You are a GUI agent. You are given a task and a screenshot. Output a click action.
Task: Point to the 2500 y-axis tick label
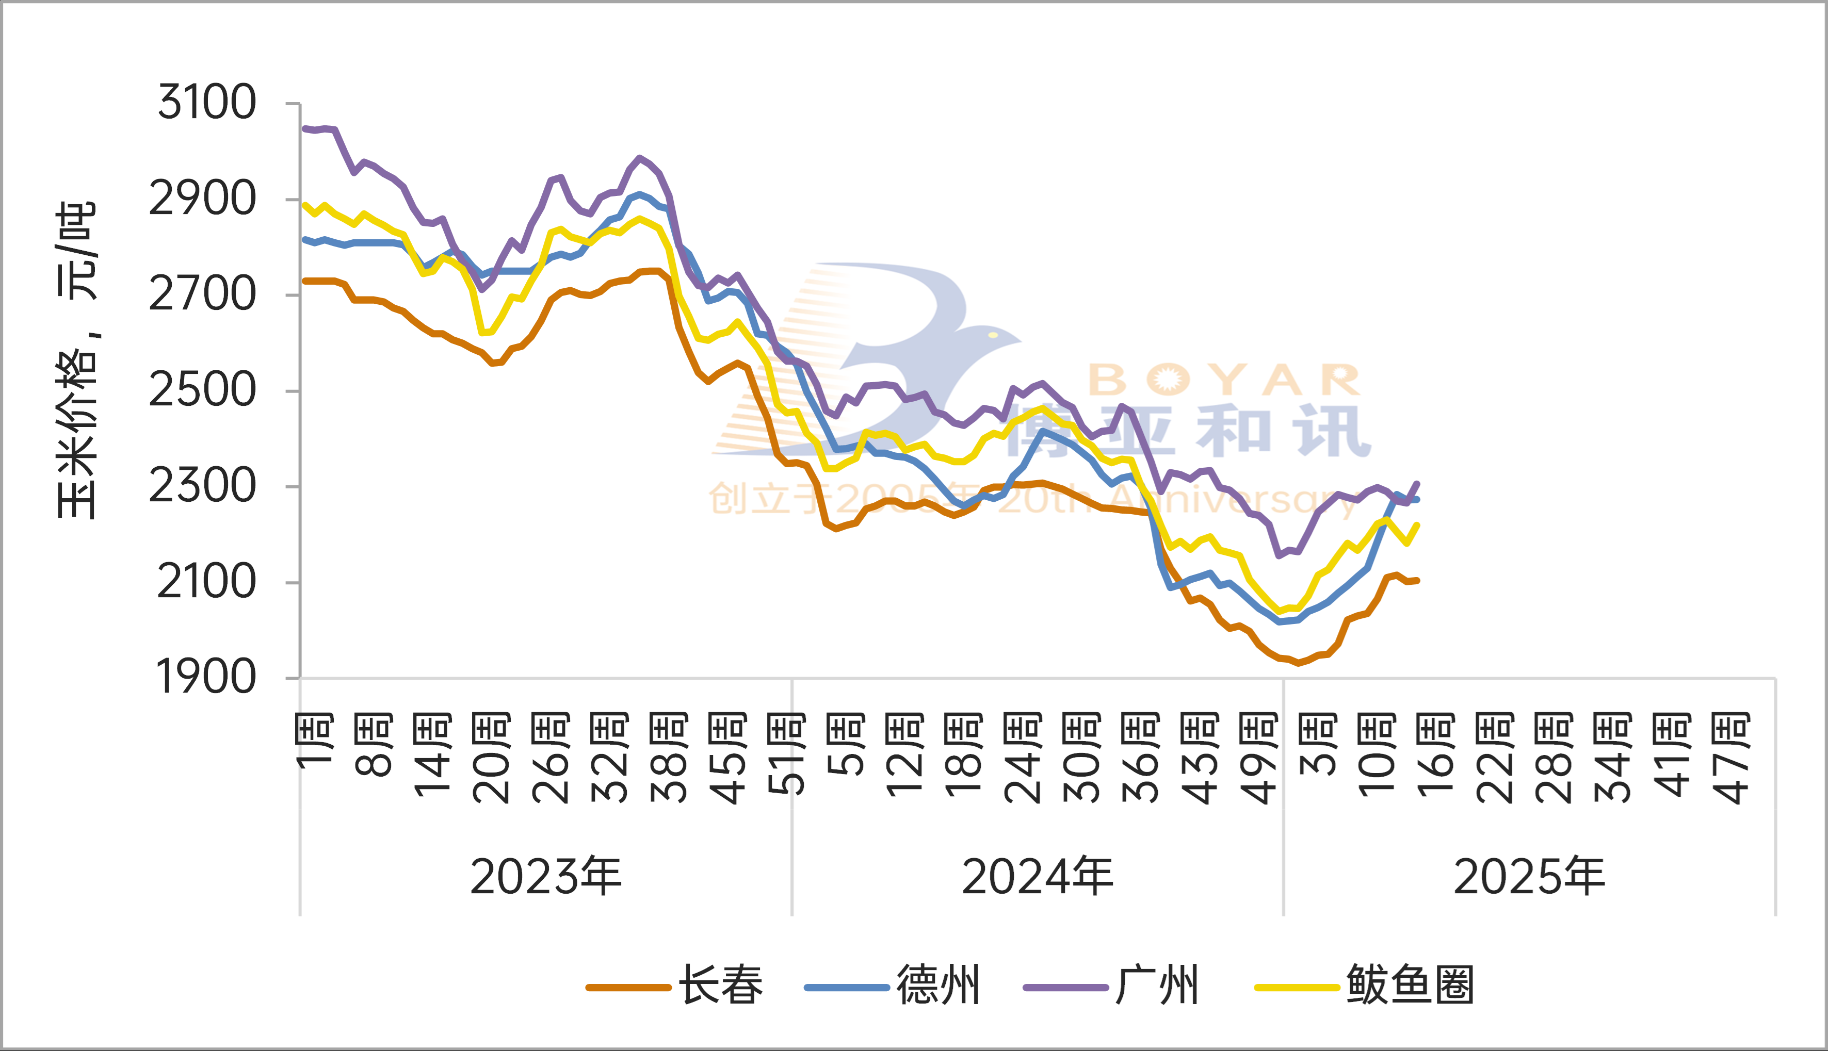(x=202, y=390)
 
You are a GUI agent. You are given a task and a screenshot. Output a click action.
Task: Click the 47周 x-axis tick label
(x=1731, y=758)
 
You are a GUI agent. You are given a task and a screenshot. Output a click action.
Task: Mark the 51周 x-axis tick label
(x=786, y=754)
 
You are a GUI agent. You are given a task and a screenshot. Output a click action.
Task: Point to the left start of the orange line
(x=304, y=281)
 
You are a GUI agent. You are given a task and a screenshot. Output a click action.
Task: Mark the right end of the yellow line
(x=1418, y=525)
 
